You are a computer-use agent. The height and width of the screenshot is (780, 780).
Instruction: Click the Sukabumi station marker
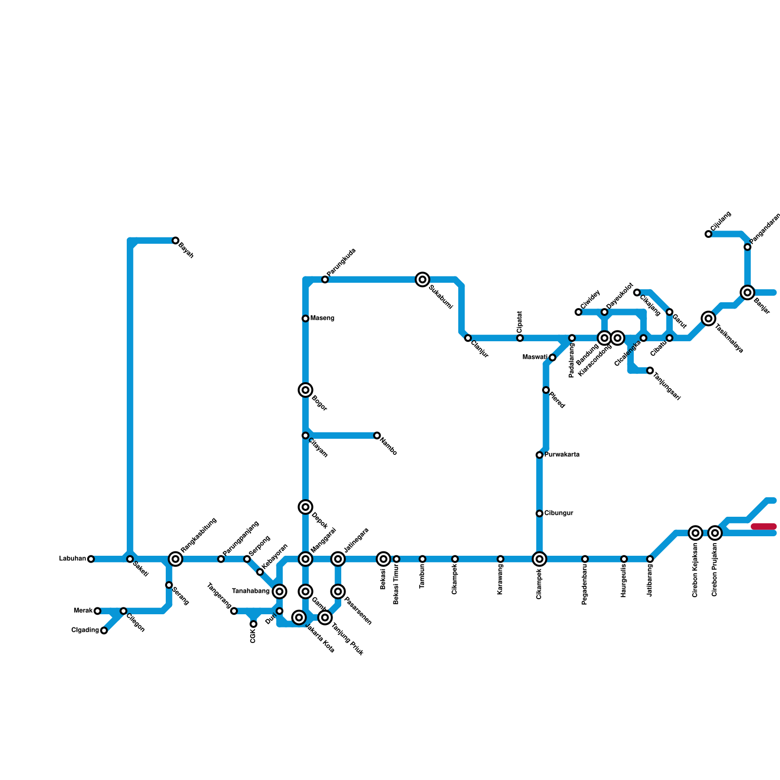423,279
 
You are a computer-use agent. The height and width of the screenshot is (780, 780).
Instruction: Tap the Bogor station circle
306,390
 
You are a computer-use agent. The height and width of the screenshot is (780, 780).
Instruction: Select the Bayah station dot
175,240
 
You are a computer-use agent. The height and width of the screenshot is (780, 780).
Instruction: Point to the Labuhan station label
73,559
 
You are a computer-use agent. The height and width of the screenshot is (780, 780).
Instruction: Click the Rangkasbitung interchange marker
175,559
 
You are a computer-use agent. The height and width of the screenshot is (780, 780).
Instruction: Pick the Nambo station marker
377,435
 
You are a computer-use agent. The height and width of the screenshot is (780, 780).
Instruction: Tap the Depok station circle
306,507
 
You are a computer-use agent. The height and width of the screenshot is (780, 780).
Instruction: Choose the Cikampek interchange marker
540,559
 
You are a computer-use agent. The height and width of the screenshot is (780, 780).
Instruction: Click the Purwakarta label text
562,455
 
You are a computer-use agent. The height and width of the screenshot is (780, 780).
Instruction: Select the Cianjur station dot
468,338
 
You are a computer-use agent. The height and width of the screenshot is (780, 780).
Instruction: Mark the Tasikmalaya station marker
709,318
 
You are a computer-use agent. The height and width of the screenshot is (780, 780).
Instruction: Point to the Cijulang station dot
708,234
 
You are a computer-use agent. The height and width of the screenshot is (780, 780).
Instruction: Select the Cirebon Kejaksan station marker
696,533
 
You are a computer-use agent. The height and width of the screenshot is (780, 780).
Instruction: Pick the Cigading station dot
104,630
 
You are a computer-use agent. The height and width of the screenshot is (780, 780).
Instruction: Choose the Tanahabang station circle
279,591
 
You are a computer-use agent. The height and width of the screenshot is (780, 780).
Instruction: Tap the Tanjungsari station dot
650,370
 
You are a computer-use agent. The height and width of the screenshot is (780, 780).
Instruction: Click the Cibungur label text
559,513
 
